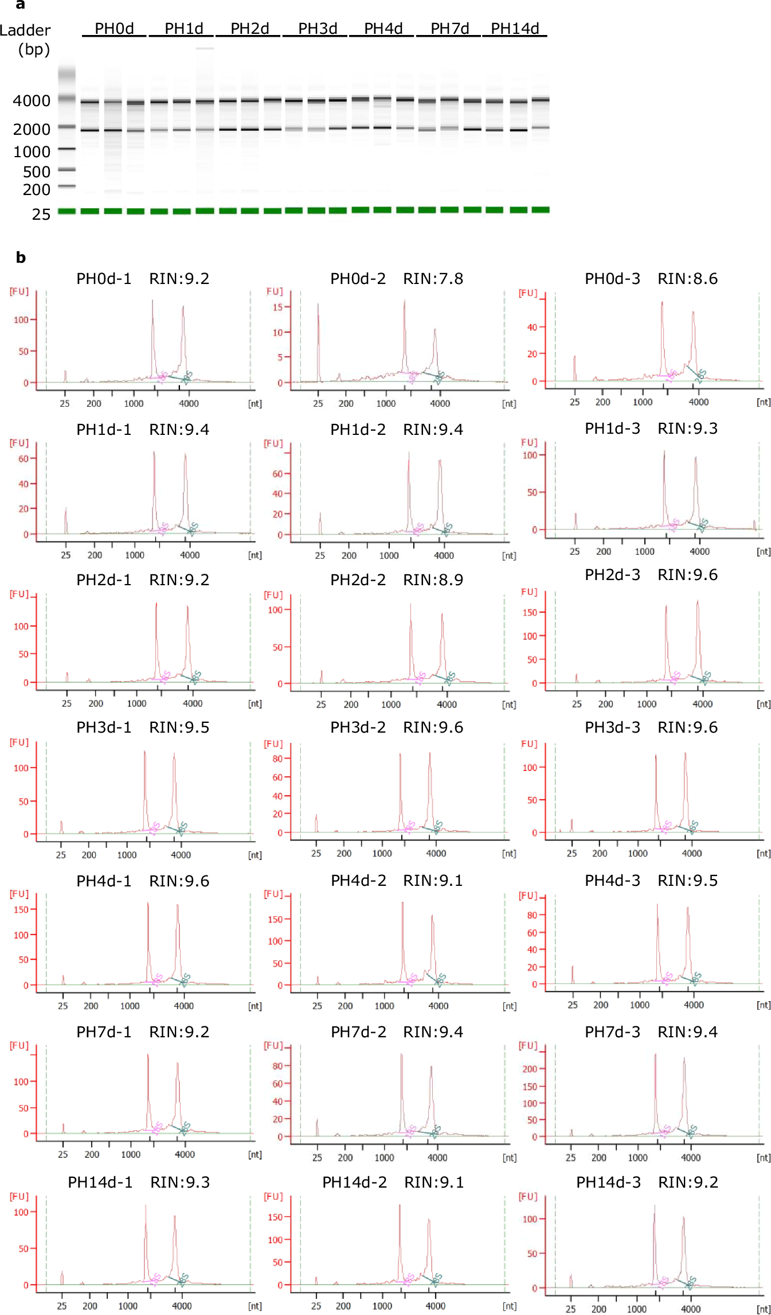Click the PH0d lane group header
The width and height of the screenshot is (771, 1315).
[114, 29]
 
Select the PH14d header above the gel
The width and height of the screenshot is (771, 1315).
[515, 29]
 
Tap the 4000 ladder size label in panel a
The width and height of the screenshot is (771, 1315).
[32, 101]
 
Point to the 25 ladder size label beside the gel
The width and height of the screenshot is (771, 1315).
[41, 215]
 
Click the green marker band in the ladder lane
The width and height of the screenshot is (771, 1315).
[66, 211]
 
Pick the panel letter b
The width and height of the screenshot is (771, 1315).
[21, 258]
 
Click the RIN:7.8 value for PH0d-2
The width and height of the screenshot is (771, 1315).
[433, 279]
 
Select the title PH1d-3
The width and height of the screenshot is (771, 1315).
[612, 429]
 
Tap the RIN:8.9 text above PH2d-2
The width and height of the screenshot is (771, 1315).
[433, 580]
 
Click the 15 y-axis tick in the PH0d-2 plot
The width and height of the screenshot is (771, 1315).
[277, 307]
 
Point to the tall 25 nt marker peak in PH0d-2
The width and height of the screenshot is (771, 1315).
[318, 305]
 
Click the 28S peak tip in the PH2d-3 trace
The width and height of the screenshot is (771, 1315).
[698, 601]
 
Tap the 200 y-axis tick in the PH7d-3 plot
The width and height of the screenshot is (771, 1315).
[530, 1069]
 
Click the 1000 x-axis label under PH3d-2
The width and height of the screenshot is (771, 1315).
[382, 854]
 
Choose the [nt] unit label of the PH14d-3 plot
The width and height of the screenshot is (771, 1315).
[764, 1309]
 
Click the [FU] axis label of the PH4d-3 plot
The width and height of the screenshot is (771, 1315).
[528, 896]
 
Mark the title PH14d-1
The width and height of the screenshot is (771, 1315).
[100, 1182]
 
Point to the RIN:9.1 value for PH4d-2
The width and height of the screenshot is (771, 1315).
[433, 881]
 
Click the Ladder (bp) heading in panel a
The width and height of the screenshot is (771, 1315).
[26, 39]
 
